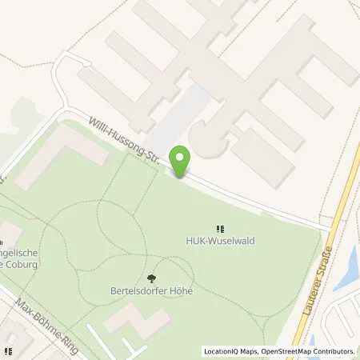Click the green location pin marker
(x=181, y=159)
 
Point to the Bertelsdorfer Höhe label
(x=151, y=291)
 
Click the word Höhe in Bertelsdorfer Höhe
(x=181, y=291)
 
